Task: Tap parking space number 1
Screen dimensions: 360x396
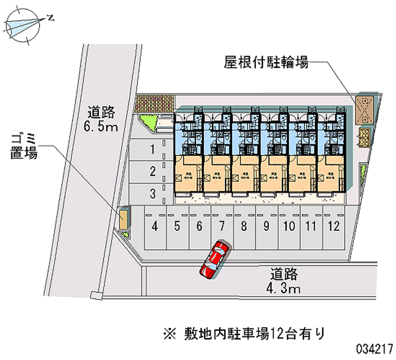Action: click(x=154, y=148)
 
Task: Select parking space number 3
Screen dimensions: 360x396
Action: click(x=154, y=194)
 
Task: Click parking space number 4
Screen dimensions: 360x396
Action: click(x=155, y=227)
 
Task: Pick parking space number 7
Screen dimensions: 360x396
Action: click(x=222, y=227)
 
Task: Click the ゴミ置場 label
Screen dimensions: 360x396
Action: click(x=24, y=146)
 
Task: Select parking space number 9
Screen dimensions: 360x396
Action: click(x=266, y=227)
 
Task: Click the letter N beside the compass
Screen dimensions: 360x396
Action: click(x=50, y=18)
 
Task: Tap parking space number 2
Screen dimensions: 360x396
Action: click(x=154, y=171)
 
